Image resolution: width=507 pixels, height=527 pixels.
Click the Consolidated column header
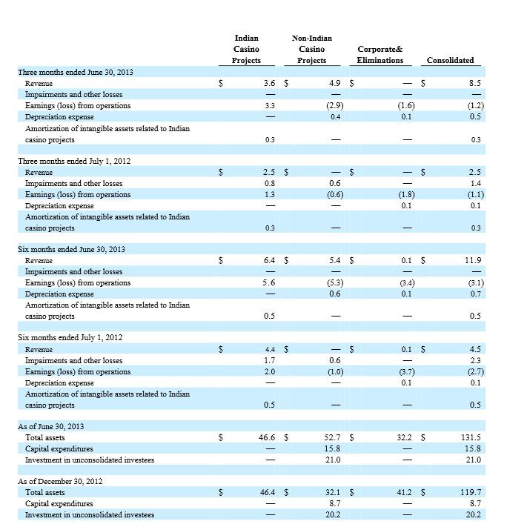coord(450,60)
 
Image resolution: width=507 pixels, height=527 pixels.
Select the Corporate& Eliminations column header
coord(380,55)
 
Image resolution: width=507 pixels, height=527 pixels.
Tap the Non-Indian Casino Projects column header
coord(311,49)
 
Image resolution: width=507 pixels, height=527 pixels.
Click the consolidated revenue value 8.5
coord(474,84)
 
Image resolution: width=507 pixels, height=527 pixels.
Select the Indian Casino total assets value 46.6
coord(267,438)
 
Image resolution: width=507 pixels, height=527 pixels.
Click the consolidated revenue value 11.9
coord(473,260)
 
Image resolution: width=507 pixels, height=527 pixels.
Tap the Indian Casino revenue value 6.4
coord(269,260)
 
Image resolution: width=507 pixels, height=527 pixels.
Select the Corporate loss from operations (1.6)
coord(405,106)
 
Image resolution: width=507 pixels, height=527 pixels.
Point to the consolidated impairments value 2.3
coord(475,361)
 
